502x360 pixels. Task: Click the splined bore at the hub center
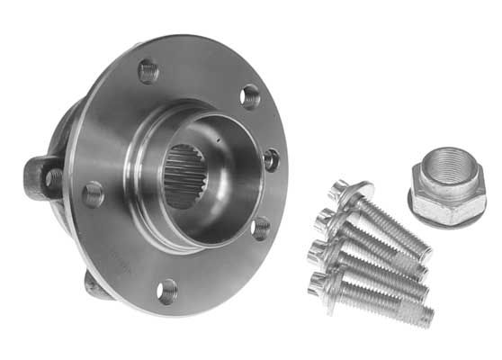point(185,176)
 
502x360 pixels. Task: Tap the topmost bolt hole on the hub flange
point(148,70)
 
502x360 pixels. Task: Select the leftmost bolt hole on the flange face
point(93,193)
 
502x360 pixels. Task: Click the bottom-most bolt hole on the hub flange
point(167,289)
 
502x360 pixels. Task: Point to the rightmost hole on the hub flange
point(271,159)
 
